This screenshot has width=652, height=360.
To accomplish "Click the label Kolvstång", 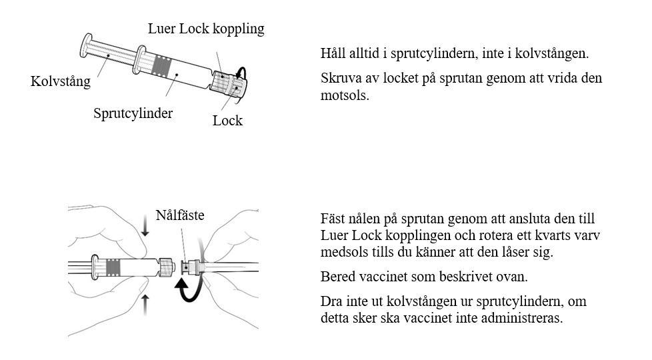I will click(x=60, y=82).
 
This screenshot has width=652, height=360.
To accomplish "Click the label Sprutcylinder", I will click(x=133, y=113).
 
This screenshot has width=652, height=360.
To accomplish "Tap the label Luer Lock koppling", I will click(x=206, y=29).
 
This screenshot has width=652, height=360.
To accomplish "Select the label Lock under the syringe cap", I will click(x=227, y=121).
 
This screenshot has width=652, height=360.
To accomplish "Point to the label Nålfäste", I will click(x=179, y=215).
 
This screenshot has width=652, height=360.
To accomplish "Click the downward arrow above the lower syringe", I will click(x=145, y=229).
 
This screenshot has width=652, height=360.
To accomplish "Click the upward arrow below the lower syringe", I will click(x=146, y=305).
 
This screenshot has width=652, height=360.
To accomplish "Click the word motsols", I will click(x=345, y=95).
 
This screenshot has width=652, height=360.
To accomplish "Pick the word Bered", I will click(x=338, y=277).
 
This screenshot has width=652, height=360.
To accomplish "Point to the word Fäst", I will click(x=334, y=219).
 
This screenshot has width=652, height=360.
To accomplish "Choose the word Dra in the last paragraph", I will click(x=331, y=301).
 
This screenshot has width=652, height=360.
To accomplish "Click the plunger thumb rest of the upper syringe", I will click(x=87, y=45).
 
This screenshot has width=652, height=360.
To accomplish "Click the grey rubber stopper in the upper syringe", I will click(x=162, y=66).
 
